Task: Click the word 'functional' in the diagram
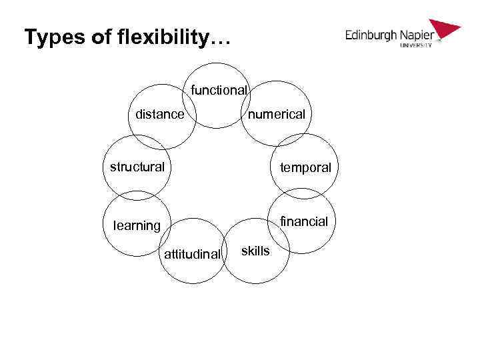219,90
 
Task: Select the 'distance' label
159,115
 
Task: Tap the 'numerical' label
277,115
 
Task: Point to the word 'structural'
137,167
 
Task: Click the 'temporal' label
305,168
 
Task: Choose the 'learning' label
137,225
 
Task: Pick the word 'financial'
304,221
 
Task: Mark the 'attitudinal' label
192,254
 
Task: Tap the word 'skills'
255,251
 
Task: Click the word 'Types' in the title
53,37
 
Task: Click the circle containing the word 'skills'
256,267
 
